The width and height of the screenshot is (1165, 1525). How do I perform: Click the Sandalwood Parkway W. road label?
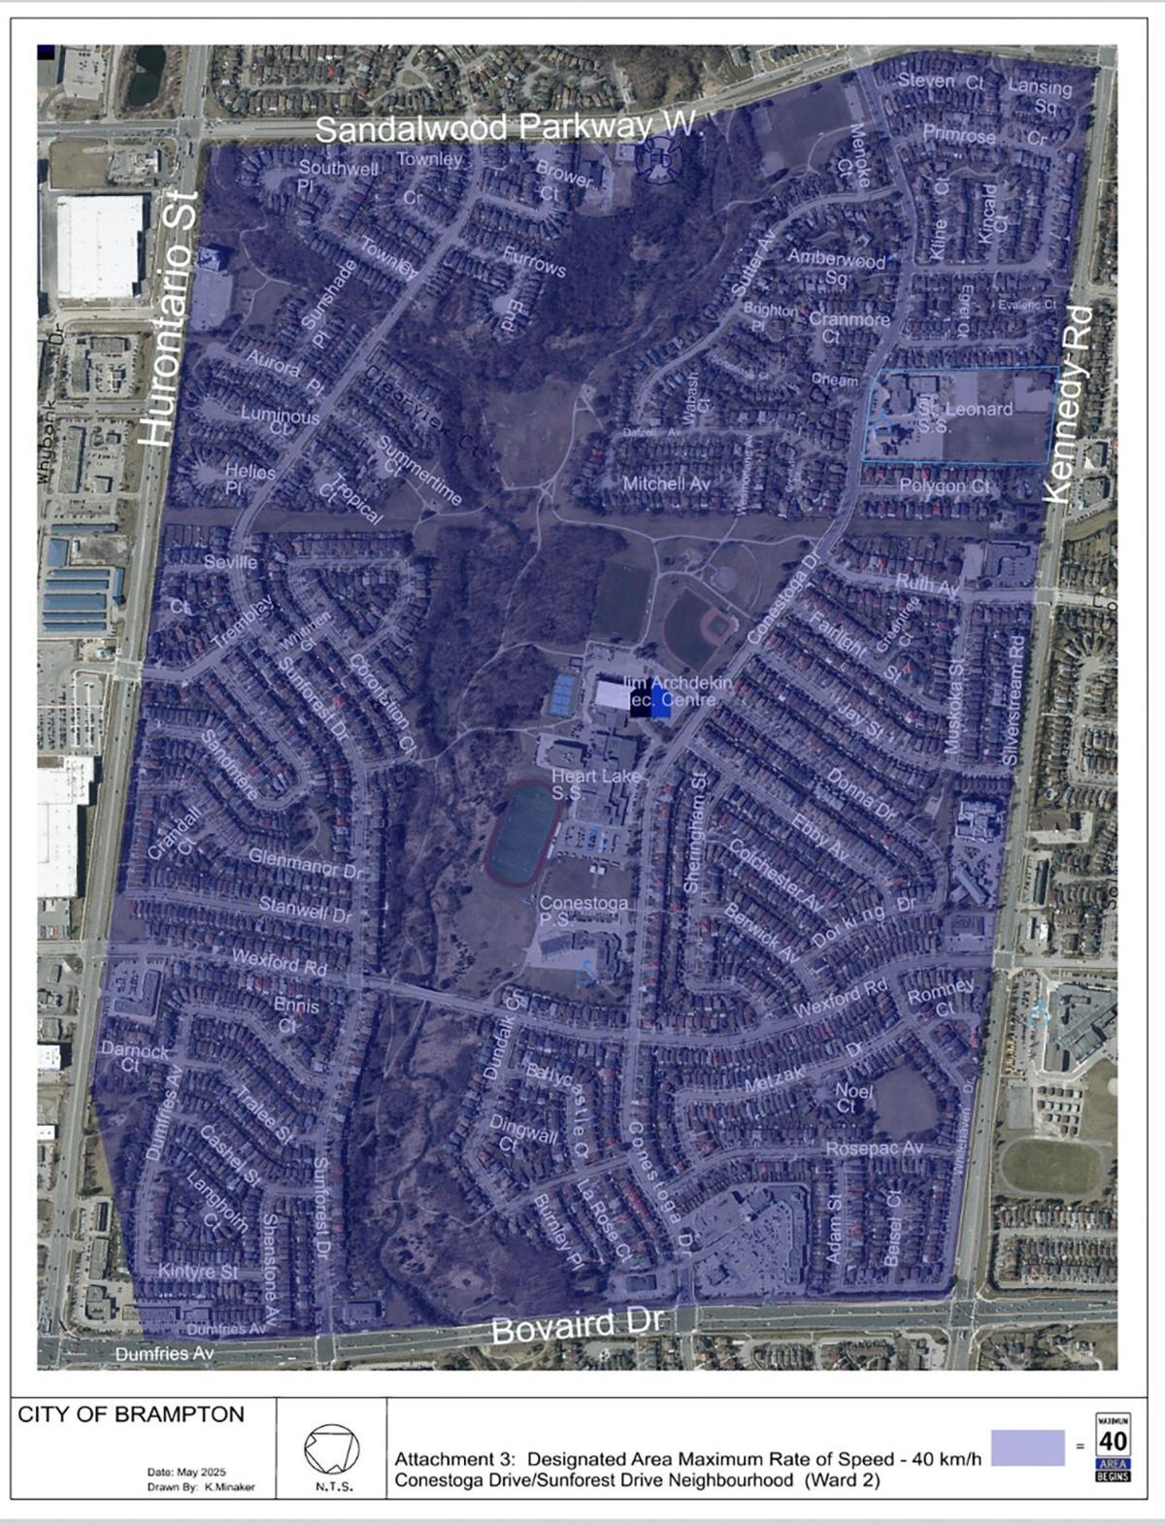coord(507,126)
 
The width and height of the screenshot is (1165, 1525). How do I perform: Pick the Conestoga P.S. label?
coord(583,912)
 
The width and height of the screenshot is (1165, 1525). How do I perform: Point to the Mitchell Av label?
coord(667,482)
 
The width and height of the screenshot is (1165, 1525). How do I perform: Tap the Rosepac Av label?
coord(874,1148)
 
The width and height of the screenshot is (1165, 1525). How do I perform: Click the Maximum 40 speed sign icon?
coord(1113,1446)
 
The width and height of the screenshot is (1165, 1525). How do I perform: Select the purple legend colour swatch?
coord(1027,1447)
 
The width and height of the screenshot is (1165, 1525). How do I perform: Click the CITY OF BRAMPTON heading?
coord(131,1414)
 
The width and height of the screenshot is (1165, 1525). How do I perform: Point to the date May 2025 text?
coord(186,1472)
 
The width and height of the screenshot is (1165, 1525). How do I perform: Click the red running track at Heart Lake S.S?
coord(523,832)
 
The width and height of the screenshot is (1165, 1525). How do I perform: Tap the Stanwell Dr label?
coord(305,911)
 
